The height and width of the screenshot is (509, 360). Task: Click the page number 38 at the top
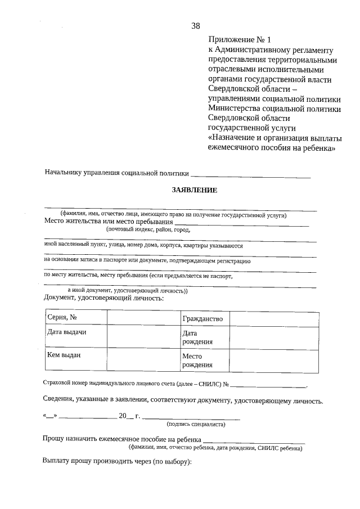click(x=195, y=26)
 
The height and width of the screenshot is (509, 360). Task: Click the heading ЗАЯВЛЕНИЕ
click(x=194, y=190)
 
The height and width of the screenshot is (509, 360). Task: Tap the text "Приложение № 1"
click(x=239, y=40)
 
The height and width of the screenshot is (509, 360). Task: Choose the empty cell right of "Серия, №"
click(x=142, y=318)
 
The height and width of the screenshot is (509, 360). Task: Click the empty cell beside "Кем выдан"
click(x=142, y=361)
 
